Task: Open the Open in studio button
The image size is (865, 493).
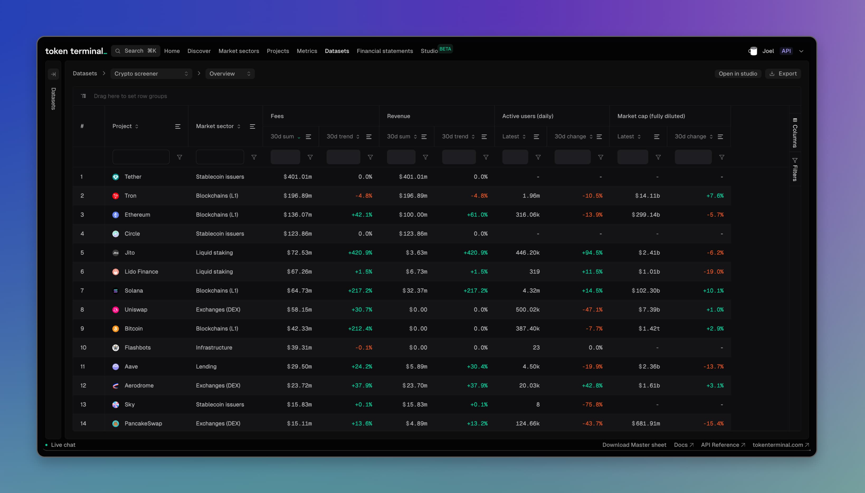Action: point(738,74)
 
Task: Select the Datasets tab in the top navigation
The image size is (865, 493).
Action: point(336,51)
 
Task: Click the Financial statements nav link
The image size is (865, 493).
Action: point(384,51)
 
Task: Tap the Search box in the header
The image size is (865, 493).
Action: point(136,51)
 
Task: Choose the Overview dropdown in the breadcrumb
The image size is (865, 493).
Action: point(230,74)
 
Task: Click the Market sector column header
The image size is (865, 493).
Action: point(215,126)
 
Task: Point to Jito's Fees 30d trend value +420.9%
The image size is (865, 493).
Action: point(360,253)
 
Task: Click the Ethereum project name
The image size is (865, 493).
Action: point(137,215)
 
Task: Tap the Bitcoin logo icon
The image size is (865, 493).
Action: point(116,329)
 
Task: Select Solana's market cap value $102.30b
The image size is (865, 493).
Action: point(645,291)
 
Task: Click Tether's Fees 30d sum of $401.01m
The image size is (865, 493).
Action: point(297,177)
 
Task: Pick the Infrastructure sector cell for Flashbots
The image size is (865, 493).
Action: point(214,347)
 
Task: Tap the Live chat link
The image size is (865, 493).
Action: point(63,444)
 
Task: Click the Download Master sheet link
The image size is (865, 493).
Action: point(634,444)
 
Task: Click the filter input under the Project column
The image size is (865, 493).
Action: point(141,157)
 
